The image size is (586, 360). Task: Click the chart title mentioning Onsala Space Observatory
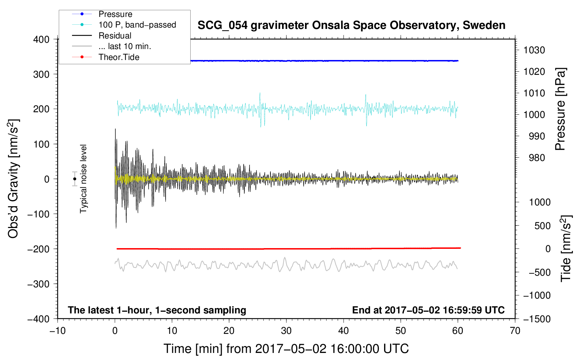[351, 25]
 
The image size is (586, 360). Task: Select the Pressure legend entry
[102, 14]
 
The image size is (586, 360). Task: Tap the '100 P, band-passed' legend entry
[124, 25]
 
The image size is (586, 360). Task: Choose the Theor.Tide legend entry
[106, 57]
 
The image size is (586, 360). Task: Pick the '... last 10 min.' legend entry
[112, 46]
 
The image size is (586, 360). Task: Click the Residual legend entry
[102, 36]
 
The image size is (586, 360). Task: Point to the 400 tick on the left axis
[41, 40]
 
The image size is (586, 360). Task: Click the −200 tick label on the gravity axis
[38, 249]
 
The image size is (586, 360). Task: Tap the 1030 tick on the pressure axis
[534, 50]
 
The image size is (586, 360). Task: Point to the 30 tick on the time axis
[286, 331]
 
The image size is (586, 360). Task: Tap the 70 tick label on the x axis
[515, 331]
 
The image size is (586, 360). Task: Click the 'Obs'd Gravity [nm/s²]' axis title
[13, 179]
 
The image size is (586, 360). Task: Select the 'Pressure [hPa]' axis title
[560, 109]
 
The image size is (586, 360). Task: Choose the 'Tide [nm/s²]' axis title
[566, 248]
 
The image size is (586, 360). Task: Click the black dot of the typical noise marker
[74, 179]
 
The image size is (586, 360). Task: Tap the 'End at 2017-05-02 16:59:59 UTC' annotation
[428, 310]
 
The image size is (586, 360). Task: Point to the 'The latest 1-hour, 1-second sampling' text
[157, 310]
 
